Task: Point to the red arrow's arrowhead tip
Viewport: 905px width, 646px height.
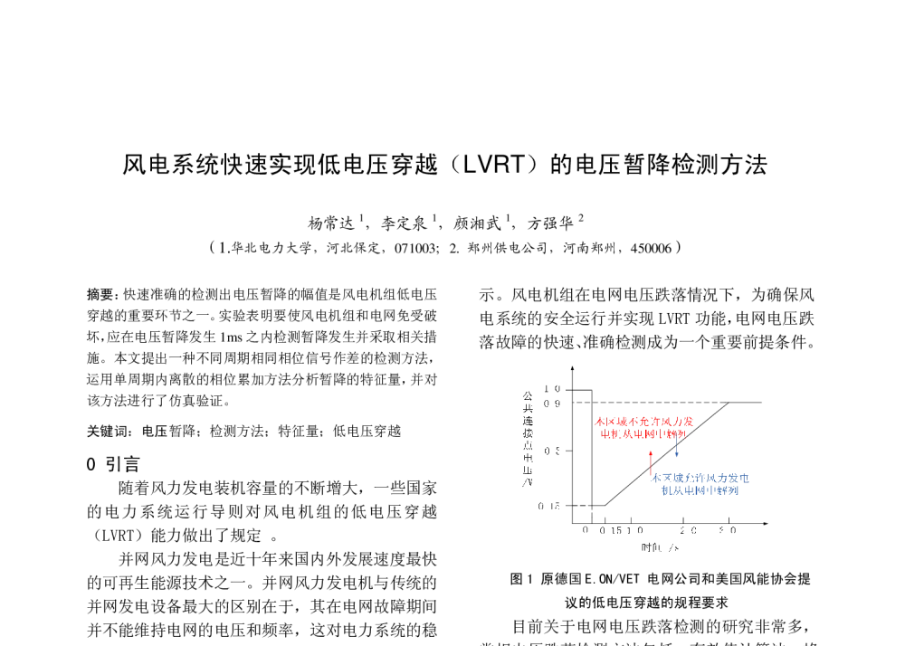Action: pos(650,450)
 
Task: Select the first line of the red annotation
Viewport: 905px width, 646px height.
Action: pos(643,422)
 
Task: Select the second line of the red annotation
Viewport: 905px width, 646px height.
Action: pos(643,434)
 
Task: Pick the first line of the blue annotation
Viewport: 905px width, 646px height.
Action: pos(700,478)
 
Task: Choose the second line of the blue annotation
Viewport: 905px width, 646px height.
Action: pos(700,490)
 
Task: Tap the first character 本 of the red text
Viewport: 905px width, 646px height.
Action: pos(599,422)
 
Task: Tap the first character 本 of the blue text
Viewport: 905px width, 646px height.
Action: pos(656,478)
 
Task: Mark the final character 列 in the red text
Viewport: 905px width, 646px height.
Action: pos(681,434)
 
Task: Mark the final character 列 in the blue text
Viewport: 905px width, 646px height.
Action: pos(733,490)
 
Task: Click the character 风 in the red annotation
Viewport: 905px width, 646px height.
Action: pos(667,422)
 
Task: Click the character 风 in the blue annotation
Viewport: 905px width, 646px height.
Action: pos(711,478)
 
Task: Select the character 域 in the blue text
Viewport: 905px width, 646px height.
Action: pos(678,478)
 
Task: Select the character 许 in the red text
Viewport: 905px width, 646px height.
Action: pos(654,422)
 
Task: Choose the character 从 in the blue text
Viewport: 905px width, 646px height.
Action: pos(678,490)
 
